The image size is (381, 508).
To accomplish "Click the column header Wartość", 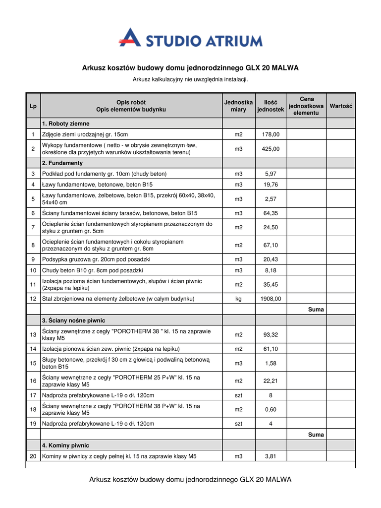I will (x=340, y=106).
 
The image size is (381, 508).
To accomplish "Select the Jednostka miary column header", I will (x=238, y=106).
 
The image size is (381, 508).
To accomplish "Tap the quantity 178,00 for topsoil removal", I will (x=271, y=134).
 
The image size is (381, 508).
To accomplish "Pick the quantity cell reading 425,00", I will (x=271, y=149).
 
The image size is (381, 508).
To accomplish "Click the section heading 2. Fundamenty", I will (x=62, y=163).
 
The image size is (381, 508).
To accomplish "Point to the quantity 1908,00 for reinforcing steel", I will (x=271, y=299).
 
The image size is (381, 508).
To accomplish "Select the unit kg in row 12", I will (x=238, y=299).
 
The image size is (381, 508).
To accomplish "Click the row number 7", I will (x=33, y=227).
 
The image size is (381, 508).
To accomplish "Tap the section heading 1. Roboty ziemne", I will (x=66, y=124).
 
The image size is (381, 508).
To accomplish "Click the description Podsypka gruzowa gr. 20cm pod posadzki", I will (x=97, y=259).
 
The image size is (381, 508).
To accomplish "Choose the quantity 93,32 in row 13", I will (x=271, y=335).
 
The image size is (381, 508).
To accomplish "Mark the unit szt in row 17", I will (x=238, y=395).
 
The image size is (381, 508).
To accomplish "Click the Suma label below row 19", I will (x=316, y=435).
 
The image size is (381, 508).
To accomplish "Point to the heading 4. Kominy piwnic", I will (x=65, y=445).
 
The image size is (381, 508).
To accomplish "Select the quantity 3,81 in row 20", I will (x=271, y=456).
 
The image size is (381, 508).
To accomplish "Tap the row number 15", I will (x=33, y=364).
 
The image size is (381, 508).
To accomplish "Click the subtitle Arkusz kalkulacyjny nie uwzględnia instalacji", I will (x=190, y=79).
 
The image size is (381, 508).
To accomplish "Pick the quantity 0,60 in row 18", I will (x=271, y=409).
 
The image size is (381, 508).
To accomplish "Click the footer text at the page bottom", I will (x=190, y=480).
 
